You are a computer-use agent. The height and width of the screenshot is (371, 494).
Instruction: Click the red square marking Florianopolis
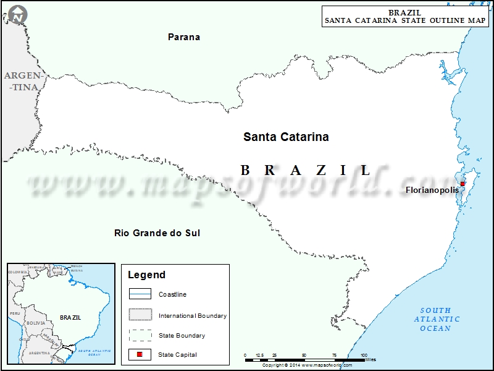pyautogui.click(x=463, y=183)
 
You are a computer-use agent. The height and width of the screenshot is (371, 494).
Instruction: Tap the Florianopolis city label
pyautogui.click(x=432, y=190)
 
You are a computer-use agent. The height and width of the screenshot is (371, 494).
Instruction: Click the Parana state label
pyautogui.click(x=184, y=37)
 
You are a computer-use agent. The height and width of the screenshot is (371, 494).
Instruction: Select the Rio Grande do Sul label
pyautogui.click(x=157, y=233)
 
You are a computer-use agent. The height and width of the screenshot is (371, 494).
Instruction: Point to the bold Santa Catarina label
pyautogui.click(x=286, y=137)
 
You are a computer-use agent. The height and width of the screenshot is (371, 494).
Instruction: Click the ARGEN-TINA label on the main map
pyautogui.click(x=22, y=81)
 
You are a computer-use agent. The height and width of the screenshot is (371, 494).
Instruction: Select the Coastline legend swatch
pyautogui.click(x=140, y=294)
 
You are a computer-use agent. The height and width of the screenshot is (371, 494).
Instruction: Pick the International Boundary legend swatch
pyautogui.click(x=140, y=315)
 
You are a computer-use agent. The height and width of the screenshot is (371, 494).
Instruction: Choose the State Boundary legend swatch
pyautogui.click(x=140, y=335)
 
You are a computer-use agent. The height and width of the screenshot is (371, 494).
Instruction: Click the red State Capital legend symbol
pyautogui.click(x=140, y=354)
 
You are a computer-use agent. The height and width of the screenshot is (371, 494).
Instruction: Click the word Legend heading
pyautogui.click(x=146, y=275)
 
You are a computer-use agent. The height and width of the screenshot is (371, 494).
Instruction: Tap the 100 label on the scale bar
pyautogui.click(x=363, y=356)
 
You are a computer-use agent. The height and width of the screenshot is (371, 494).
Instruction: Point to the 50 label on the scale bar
pyautogui.click(x=304, y=356)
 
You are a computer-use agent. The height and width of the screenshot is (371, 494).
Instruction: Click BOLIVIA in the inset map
pyautogui.click(x=36, y=323)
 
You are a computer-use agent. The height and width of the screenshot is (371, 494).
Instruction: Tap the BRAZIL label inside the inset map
pyautogui.click(x=70, y=317)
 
